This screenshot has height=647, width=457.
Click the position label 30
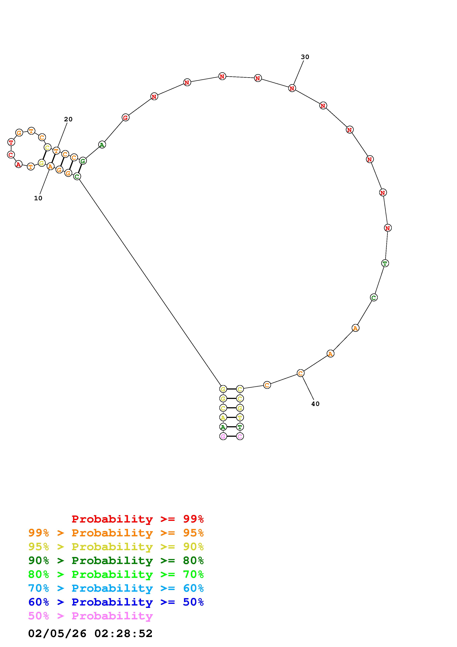[305, 57]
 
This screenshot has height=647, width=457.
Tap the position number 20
[68, 119]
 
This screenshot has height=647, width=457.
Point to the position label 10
[38, 198]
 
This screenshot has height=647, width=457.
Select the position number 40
[315, 404]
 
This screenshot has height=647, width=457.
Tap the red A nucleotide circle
[18, 164]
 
